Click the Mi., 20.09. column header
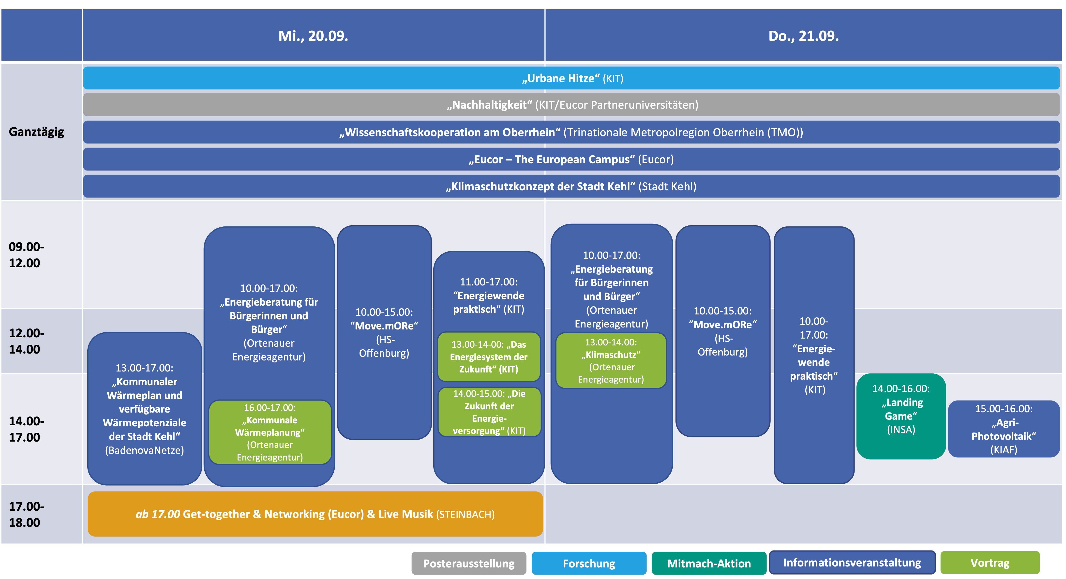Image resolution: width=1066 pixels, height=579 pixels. tap(313, 36)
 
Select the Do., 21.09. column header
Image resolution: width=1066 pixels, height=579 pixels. tap(803, 36)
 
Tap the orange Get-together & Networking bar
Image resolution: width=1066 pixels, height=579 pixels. tap(315, 514)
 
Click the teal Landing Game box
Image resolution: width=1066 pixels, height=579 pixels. tap(901, 416)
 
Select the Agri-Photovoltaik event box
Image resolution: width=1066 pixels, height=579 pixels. tap(1004, 429)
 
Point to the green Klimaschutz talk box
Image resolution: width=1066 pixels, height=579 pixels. tap(611, 360)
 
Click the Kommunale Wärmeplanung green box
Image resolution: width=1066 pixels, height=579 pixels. tap(270, 432)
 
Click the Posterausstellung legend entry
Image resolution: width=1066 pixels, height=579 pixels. tap(468, 563)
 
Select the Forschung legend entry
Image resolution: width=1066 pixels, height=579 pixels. tap(589, 563)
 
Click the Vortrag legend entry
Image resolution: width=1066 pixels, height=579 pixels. tap(990, 563)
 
